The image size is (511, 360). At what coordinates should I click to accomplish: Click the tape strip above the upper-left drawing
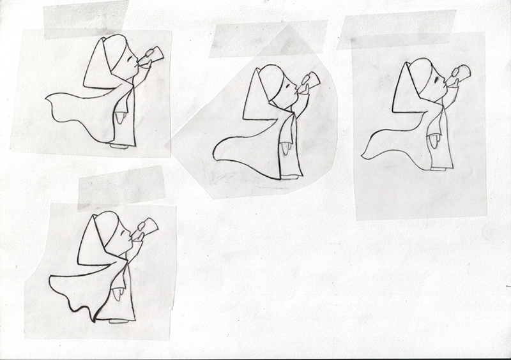click(x=86, y=19)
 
